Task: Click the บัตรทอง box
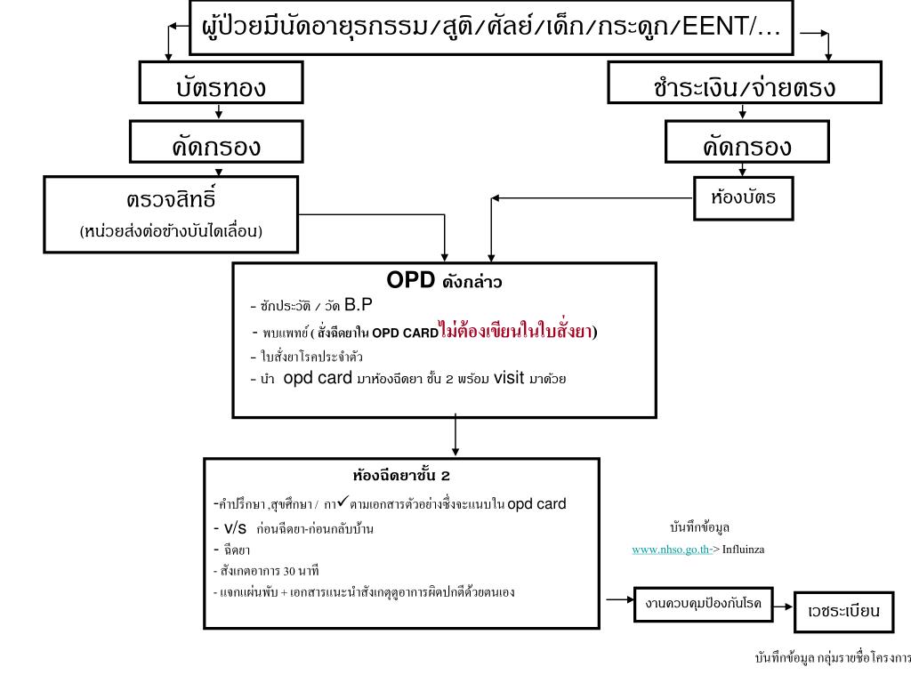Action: pos(220,86)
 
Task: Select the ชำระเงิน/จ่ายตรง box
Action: pos(744,86)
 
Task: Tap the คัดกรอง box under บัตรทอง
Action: pos(217,145)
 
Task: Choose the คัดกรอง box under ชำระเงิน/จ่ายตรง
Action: pos(746,145)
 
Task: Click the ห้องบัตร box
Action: pos(743,197)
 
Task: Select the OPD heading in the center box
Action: pos(408,280)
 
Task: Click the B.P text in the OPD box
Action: pos(359,305)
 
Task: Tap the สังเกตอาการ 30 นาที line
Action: pos(267,570)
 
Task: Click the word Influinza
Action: pos(743,550)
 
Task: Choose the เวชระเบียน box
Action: pos(843,611)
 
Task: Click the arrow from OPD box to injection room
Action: pos(455,437)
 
